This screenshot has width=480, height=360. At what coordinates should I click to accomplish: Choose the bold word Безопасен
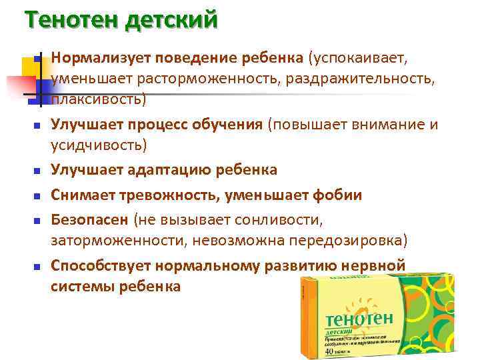pos(90,219)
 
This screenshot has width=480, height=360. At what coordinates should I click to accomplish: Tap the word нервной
pos(373,265)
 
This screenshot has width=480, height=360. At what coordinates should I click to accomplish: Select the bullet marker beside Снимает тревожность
pos(37,196)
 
